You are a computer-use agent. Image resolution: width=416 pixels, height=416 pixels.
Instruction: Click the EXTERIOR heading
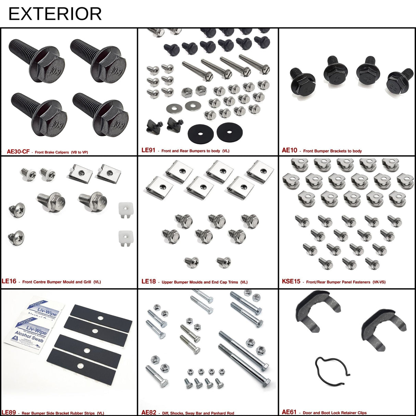[55, 14]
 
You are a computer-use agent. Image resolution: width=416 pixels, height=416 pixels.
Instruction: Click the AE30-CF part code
[18, 151]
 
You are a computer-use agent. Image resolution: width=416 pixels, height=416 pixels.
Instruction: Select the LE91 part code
[148, 150]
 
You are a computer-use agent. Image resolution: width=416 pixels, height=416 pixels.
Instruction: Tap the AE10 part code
[290, 150]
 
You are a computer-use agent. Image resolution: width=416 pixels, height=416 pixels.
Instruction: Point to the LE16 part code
[9, 281]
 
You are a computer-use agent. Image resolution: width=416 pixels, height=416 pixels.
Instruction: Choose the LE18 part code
[148, 281]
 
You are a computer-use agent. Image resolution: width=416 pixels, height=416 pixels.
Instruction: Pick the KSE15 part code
[291, 281]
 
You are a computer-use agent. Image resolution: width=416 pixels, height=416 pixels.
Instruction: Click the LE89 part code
[9, 412]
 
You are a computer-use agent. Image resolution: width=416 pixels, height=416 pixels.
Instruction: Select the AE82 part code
[149, 412]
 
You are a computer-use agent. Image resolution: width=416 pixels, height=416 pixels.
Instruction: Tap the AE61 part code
[289, 412]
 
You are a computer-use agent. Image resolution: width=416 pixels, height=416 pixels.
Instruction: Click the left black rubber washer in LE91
[201, 133]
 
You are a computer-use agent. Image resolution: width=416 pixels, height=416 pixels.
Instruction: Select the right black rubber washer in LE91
[230, 132]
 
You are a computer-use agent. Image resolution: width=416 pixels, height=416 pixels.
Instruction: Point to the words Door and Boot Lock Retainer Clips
[334, 413]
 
